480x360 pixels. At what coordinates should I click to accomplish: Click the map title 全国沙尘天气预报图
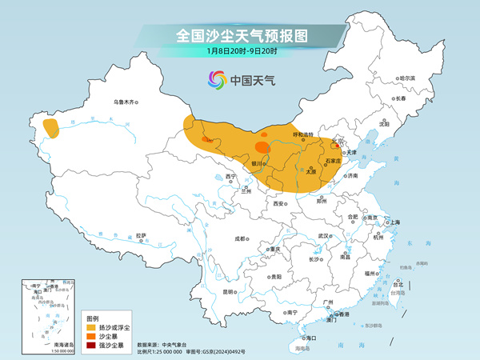[x=240, y=35]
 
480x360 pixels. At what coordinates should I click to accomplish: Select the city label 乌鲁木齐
[x=126, y=102]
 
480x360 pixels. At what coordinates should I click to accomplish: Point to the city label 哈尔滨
[x=407, y=78]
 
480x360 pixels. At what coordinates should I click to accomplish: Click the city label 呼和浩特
[x=305, y=134]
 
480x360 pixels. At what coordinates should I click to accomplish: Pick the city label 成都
[x=241, y=238]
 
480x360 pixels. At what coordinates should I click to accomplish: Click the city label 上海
[x=394, y=222]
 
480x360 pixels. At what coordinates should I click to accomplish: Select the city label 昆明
[x=230, y=291]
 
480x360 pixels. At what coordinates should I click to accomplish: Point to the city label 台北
[x=397, y=283]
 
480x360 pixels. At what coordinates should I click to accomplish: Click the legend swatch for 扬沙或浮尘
[x=92, y=328]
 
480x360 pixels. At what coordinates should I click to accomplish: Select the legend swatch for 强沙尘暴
[x=92, y=345]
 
